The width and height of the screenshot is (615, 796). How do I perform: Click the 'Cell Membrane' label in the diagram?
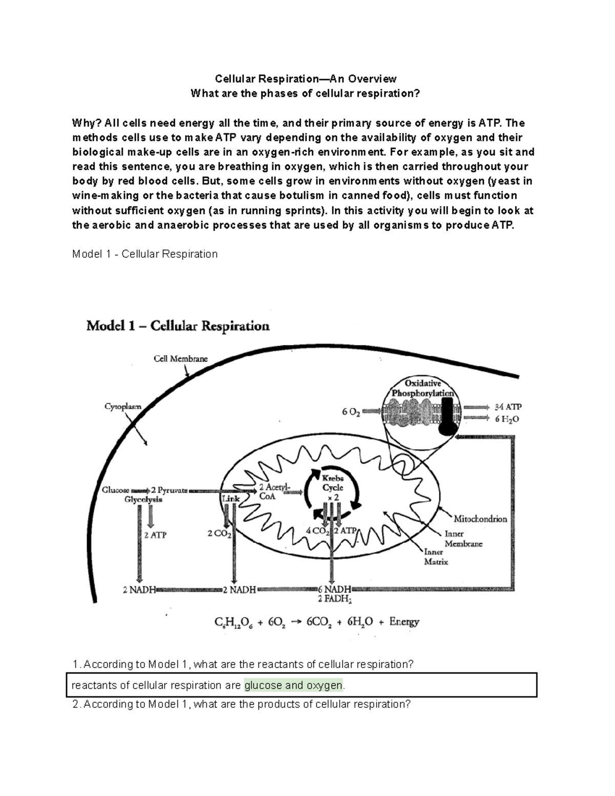click(x=181, y=359)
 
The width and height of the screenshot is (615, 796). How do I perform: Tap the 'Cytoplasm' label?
click(x=123, y=406)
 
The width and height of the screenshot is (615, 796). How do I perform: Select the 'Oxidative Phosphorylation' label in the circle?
click(x=423, y=389)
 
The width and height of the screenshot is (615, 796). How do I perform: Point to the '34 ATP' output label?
click(x=507, y=407)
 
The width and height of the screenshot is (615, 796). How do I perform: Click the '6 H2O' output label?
click(x=507, y=419)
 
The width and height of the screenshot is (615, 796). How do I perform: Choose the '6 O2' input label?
click(x=351, y=412)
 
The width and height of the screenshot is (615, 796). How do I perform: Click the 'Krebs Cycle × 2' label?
click(x=333, y=487)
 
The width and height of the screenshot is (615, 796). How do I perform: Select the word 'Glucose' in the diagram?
click(x=116, y=490)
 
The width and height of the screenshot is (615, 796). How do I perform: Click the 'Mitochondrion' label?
click(x=480, y=519)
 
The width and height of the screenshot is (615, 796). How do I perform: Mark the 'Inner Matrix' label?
click(x=436, y=557)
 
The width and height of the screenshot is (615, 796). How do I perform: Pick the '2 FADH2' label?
click(x=334, y=599)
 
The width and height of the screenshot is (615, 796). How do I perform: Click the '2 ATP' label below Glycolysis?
click(x=155, y=535)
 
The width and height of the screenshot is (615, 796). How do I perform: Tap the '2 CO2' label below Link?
click(x=219, y=534)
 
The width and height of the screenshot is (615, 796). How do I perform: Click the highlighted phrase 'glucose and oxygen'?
click(x=293, y=685)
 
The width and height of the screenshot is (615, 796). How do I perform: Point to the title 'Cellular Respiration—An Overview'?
click(x=305, y=78)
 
